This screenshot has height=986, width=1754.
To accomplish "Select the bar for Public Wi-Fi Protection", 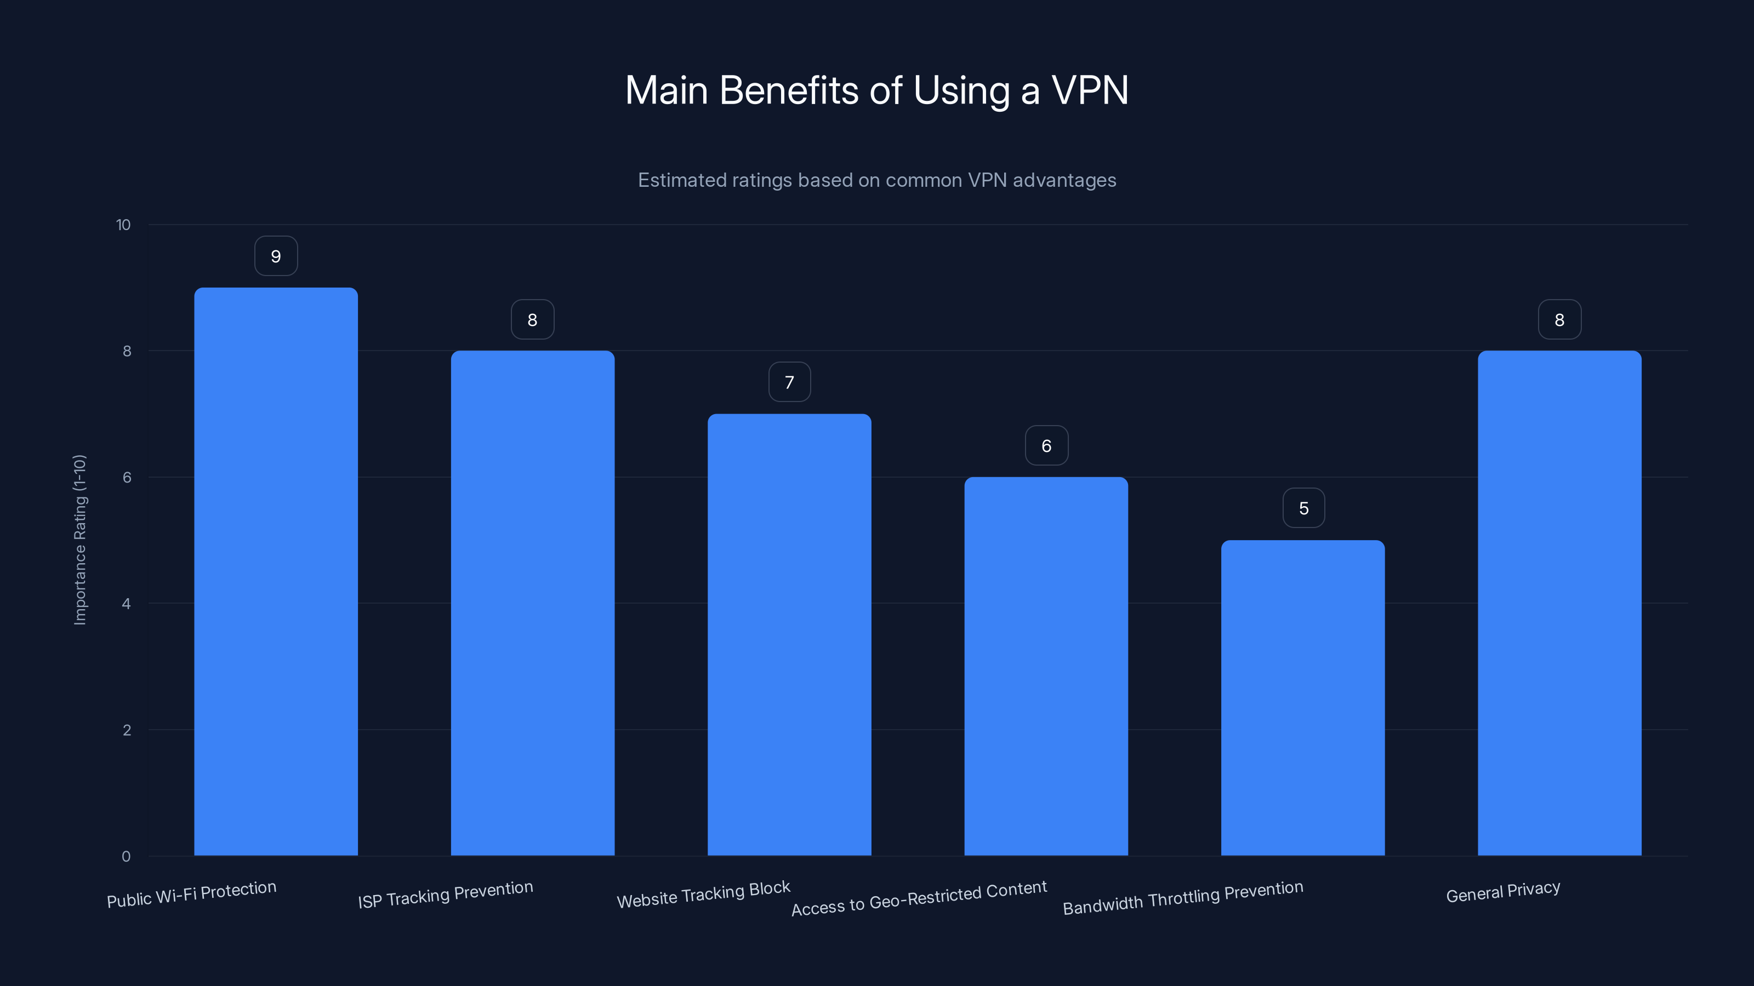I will point(276,571).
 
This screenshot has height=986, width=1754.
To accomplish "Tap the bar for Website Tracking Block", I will point(789,634).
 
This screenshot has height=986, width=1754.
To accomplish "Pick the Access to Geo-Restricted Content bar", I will point(1046,666).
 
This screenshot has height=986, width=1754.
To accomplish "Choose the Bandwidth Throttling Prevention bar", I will point(1302,697).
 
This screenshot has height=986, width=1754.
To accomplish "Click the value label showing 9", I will point(276,256).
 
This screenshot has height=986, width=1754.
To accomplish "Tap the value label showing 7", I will point(789,382).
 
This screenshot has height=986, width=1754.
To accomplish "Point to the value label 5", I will point(1303,508).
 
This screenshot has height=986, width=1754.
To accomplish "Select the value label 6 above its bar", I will point(1046,445).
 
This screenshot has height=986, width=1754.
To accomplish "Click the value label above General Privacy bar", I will point(1559,319).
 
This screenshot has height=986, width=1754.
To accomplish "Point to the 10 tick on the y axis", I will point(123,225).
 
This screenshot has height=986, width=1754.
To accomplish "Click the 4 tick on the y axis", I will point(126,604).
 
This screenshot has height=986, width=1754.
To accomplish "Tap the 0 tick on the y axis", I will point(126,856).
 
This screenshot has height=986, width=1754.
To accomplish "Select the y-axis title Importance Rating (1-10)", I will point(79,540).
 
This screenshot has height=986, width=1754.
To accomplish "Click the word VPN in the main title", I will point(1090,90).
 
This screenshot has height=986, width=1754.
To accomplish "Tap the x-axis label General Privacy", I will point(1503,891).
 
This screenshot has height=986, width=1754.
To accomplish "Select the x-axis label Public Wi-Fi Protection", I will point(191,894).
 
